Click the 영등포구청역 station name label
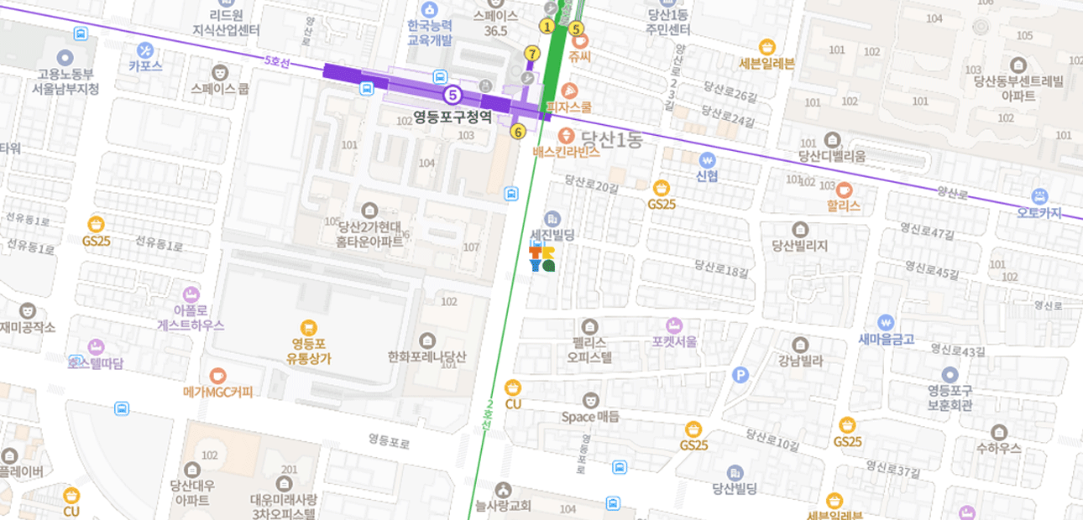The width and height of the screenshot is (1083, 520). click(453, 117)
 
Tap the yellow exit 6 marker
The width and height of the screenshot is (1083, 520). click(517, 131)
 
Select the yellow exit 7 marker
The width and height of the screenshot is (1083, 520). click(531, 54)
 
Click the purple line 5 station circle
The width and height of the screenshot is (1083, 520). click(453, 95)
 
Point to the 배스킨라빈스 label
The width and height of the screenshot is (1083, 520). click(566, 153)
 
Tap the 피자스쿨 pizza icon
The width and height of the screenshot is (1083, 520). click(568, 91)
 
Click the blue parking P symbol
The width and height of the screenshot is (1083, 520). click(740, 375)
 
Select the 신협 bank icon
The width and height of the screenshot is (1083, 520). click(707, 159)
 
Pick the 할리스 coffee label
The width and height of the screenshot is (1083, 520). click(843, 206)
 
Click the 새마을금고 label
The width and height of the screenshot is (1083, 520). click(886, 340)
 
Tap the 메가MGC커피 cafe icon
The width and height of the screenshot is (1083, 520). click(218, 375)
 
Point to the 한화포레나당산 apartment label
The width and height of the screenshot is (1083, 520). click(427, 356)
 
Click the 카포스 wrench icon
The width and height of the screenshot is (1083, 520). click(145, 50)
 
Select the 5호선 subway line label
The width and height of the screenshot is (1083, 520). click(276, 62)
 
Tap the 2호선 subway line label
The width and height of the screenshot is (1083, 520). click(488, 415)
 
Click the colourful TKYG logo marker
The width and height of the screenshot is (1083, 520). click(541, 259)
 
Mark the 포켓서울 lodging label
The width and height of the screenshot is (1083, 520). click(673, 342)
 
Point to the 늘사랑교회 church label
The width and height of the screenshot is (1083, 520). click(503, 506)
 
